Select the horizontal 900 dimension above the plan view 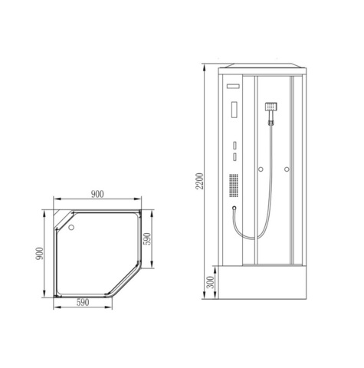pos(97,195)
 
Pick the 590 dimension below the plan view pos(84,303)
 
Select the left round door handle pos(261,169)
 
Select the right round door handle pos(286,169)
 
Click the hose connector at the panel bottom pos(232,207)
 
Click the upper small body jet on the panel pos(232,143)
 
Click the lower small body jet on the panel pos(232,156)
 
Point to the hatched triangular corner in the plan pos(59,211)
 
